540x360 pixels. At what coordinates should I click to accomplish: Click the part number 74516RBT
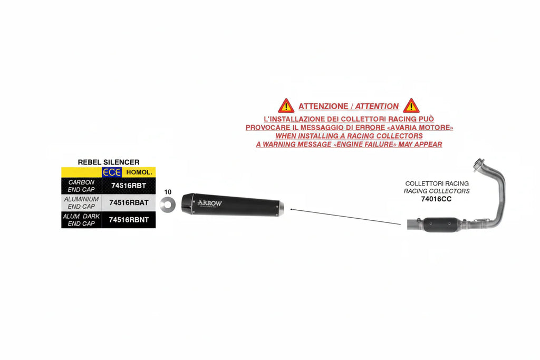[129, 186]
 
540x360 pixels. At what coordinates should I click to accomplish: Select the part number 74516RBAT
[129, 203]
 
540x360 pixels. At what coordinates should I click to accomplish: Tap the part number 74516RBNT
[129, 220]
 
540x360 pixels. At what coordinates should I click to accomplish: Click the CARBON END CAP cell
[81, 186]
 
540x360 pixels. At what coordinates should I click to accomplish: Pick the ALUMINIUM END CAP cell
[81, 203]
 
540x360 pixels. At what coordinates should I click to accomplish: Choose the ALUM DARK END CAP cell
[81, 220]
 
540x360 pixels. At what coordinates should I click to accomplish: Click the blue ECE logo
[112, 172]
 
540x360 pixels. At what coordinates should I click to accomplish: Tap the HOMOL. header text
[139, 172]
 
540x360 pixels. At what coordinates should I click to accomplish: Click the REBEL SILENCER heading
[109, 162]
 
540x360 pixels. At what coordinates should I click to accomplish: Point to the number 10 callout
[168, 192]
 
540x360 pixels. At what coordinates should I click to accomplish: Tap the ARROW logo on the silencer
[209, 203]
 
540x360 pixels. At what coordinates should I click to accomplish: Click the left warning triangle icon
[286, 106]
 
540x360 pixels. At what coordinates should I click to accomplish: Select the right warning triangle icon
[411, 106]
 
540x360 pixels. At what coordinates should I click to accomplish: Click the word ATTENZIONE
[323, 106]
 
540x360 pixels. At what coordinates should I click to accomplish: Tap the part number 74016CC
[436, 199]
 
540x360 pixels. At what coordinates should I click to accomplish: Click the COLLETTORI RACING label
[437, 183]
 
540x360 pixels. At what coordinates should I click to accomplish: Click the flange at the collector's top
[478, 164]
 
